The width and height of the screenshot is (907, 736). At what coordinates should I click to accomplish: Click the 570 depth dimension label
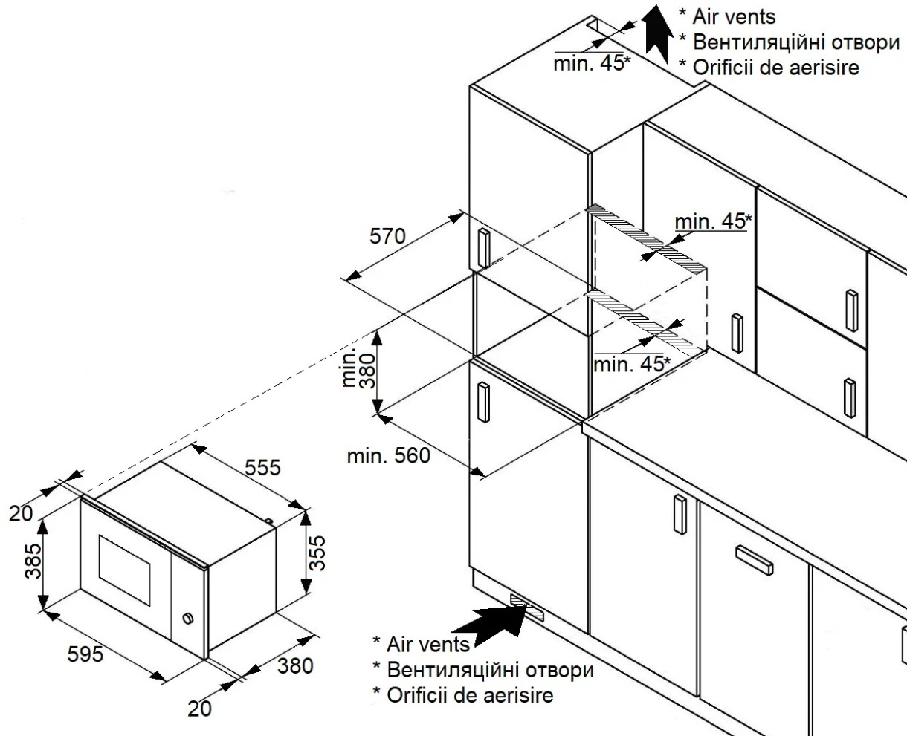click(x=387, y=237)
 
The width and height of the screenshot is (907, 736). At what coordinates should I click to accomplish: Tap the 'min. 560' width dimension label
click(x=388, y=456)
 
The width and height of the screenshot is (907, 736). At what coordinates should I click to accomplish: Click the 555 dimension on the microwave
click(x=263, y=468)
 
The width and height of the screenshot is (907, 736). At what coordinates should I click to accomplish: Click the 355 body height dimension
click(x=318, y=552)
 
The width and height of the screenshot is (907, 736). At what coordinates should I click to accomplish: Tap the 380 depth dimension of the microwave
click(x=295, y=665)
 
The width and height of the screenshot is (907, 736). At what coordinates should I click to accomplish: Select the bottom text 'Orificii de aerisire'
click(x=468, y=696)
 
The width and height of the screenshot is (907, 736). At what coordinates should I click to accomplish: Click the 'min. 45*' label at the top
click(x=591, y=63)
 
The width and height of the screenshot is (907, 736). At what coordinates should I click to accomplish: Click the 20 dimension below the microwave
click(x=199, y=709)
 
